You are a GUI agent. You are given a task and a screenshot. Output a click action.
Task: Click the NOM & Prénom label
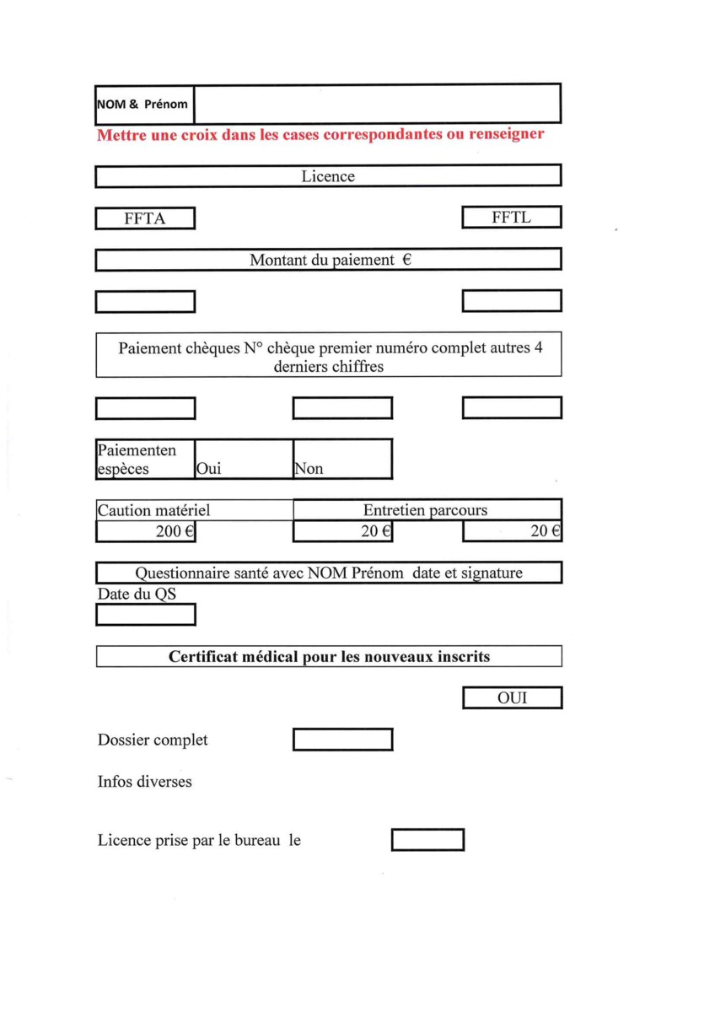tap(142, 105)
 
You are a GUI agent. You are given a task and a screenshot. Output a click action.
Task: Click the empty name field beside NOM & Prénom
tap(377, 105)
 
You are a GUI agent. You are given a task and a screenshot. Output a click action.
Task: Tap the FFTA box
tap(145, 218)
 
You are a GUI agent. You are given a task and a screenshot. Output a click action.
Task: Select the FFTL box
tap(512, 218)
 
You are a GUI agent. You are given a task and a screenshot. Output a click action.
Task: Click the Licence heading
tap(328, 176)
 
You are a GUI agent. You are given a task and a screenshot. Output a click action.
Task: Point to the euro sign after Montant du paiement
tap(406, 261)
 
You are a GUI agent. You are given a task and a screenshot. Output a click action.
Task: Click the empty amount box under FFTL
tap(512, 301)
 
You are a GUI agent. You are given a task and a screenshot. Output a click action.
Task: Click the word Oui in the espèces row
tap(208, 469)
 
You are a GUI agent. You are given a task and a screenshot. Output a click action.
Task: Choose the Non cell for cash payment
tap(309, 469)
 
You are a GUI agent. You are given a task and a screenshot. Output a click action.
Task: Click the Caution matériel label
tap(153, 510)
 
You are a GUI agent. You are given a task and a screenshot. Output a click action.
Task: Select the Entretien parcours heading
tap(425, 510)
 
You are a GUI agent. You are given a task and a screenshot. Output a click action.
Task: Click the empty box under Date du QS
tap(146, 616)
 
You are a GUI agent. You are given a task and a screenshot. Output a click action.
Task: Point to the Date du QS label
tap(137, 595)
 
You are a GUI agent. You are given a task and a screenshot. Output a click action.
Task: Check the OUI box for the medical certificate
tap(512, 698)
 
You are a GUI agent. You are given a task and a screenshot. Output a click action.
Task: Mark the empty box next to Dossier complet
tap(342, 740)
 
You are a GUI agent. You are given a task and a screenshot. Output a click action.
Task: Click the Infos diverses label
tap(145, 782)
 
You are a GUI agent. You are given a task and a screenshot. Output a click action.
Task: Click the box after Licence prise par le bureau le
tap(427, 841)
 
